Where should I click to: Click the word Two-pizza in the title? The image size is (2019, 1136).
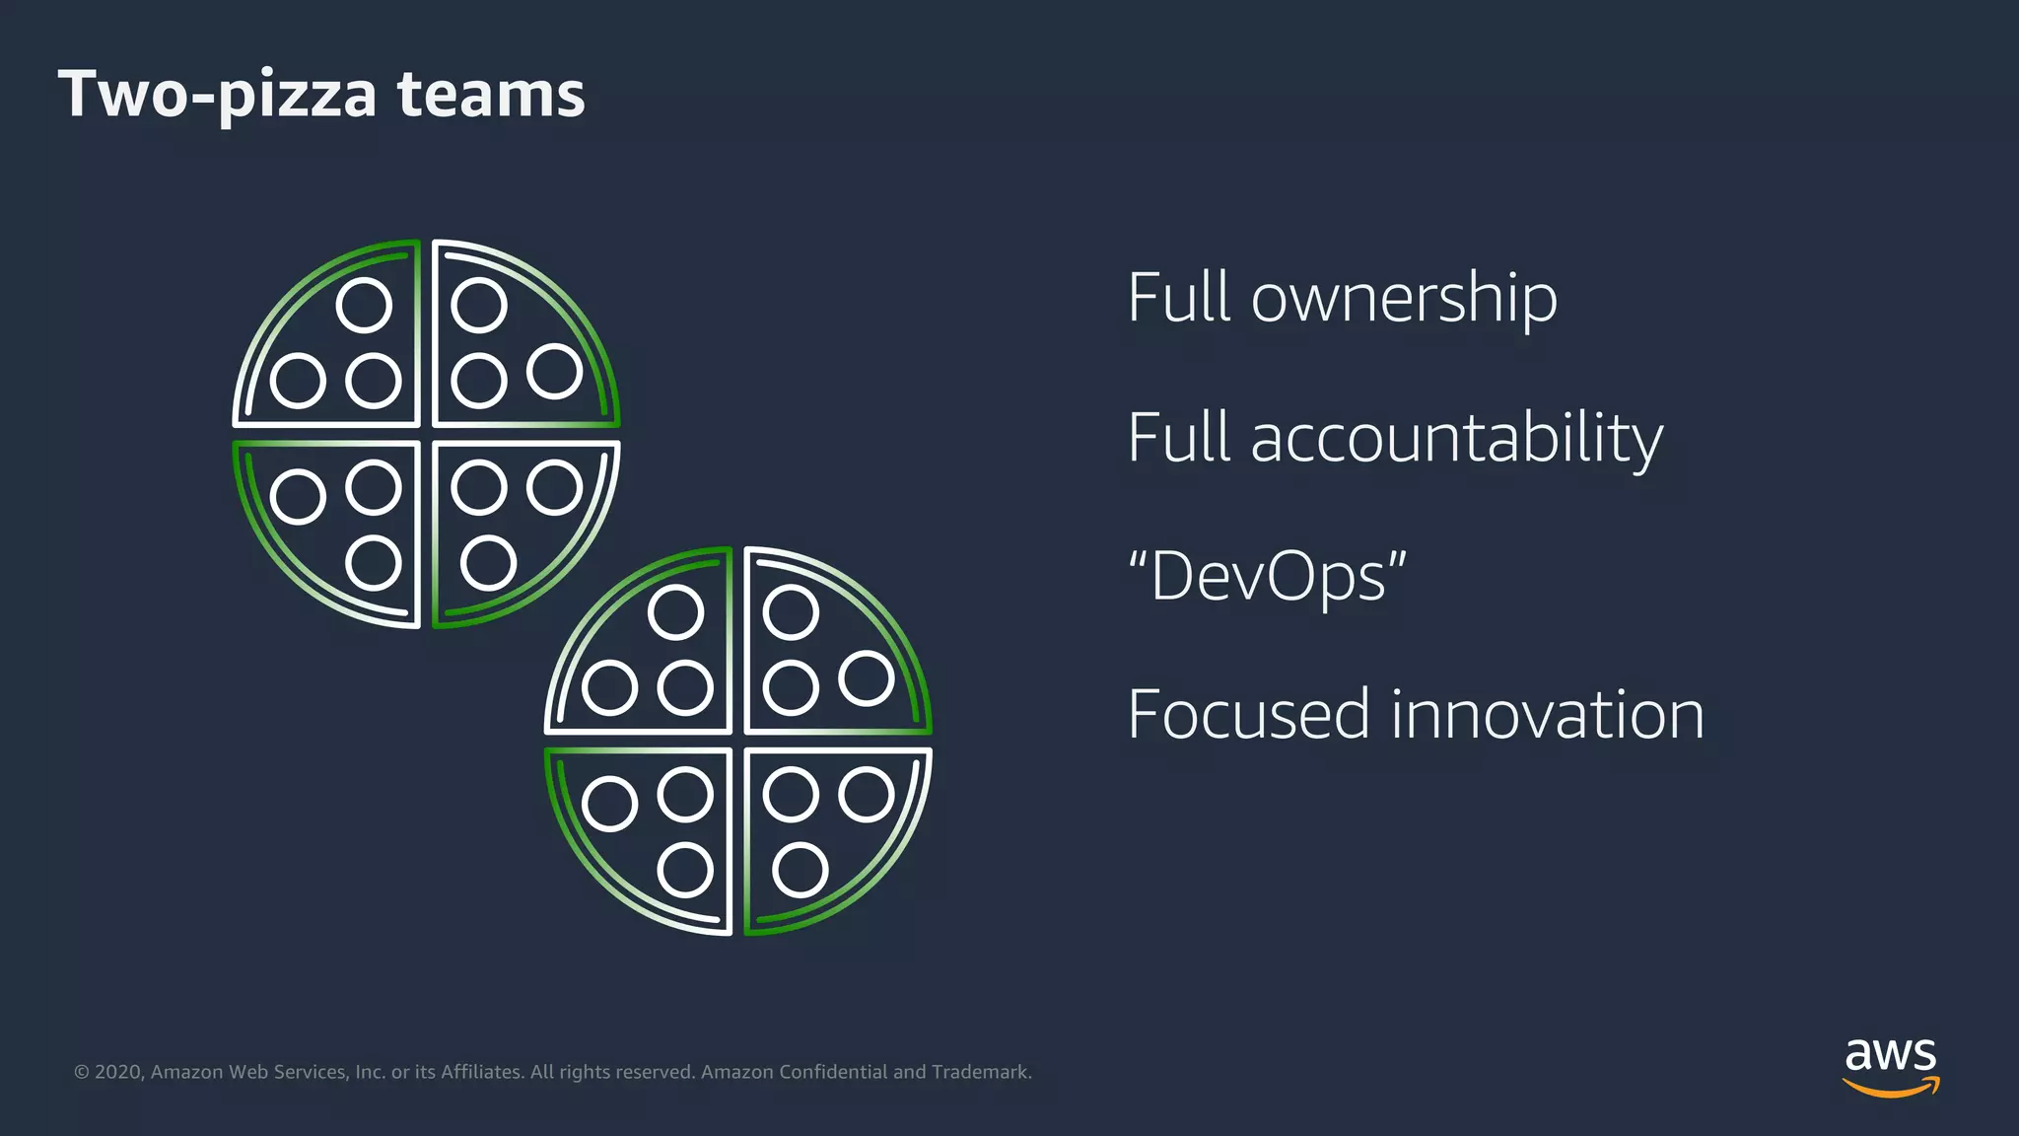coord(218,95)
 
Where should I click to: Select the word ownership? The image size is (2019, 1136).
coord(1404,298)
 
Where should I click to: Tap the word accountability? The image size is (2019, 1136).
coord(1456,439)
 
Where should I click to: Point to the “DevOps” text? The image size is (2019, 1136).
coord(1267,577)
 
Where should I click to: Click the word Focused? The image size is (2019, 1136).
coord(1248,715)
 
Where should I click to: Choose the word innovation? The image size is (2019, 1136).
coord(1547,715)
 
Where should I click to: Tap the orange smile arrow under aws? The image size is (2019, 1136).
coord(1890,1088)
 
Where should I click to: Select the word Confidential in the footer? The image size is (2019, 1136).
coord(833,1072)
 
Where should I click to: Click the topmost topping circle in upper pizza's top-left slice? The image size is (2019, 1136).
coord(364,305)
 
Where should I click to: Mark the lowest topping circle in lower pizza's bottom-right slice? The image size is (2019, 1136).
coord(800,870)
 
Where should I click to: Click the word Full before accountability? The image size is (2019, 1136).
coord(1180,439)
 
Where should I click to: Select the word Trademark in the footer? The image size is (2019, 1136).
coord(981,1072)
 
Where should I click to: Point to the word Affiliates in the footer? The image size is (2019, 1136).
coord(481,1072)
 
